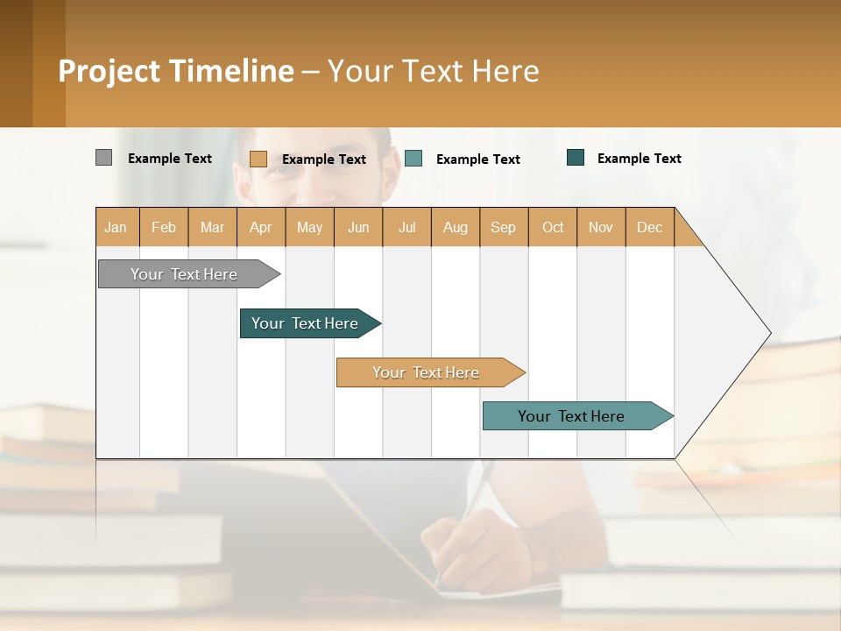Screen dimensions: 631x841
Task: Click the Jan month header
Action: pos(117,227)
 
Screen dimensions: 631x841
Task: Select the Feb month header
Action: pos(164,227)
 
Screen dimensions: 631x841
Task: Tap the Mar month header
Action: pos(212,227)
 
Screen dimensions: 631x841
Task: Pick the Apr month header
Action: pos(261,227)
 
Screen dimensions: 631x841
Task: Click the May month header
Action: pos(309,227)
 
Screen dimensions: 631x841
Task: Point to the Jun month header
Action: pos(358,227)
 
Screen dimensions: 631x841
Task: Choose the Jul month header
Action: pos(406,227)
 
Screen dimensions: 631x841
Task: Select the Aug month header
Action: pos(456,227)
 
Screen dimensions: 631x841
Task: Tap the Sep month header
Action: pos(504,227)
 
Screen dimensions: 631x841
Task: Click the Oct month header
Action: pos(553,227)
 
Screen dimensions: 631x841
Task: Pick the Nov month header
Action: pos(601,227)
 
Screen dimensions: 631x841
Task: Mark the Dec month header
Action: pos(649,227)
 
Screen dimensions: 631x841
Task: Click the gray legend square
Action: pos(104,158)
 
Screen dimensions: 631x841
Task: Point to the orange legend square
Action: pos(258,159)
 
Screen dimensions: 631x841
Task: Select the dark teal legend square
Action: pos(576,158)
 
